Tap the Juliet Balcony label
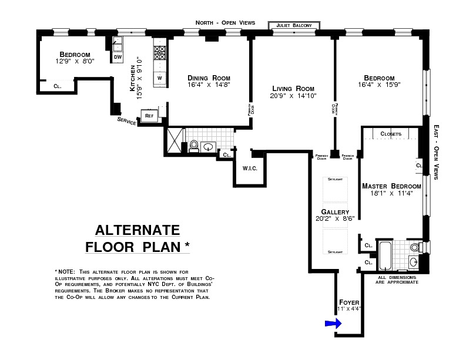pyautogui.click(x=294, y=25)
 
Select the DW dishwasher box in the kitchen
pyautogui.click(x=118, y=57)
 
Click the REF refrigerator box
pyautogui.click(x=149, y=116)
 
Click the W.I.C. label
pyautogui.click(x=250, y=169)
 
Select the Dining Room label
pyautogui.click(x=209, y=78)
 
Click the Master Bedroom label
pyautogui.click(x=391, y=186)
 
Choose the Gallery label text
pyautogui.click(x=335, y=212)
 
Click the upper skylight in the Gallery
pyautogui.click(x=335, y=189)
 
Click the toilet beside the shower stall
pyautogui.click(x=194, y=146)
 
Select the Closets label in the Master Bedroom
pyautogui.click(x=391, y=134)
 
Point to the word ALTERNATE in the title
pyautogui.click(x=138, y=230)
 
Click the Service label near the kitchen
pyautogui.click(x=126, y=122)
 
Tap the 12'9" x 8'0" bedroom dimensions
pyautogui.click(x=75, y=61)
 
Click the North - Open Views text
pyautogui.click(x=226, y=22)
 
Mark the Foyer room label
pyautogui.click(x=349, y=302)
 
